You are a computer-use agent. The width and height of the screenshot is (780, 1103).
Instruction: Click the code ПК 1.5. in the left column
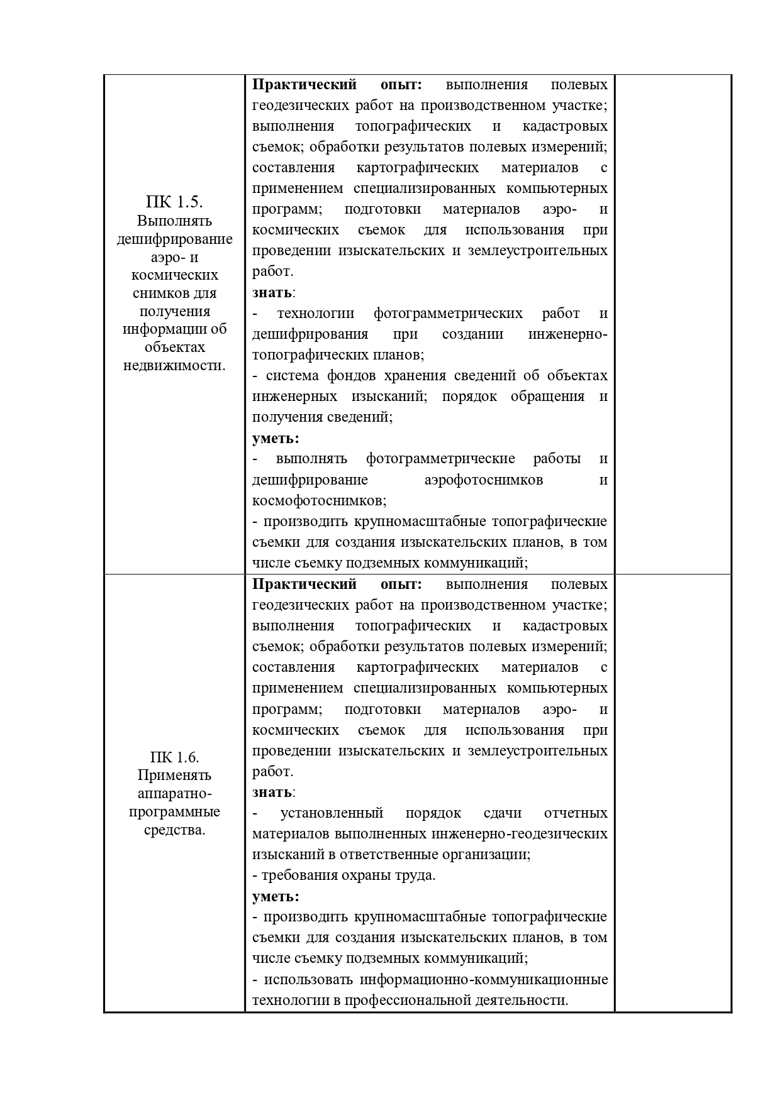174,202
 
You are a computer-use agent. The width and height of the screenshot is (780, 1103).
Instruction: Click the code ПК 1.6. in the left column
174,757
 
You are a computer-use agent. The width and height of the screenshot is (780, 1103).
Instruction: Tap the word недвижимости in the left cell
174,365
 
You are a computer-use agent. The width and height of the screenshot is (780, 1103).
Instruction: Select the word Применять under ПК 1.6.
174,775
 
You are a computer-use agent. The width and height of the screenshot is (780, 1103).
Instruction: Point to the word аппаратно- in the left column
174,793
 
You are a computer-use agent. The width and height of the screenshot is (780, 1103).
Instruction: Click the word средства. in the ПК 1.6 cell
174,830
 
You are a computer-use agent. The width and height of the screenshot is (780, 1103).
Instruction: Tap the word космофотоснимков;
319,500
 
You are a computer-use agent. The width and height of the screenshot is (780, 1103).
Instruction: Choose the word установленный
331,813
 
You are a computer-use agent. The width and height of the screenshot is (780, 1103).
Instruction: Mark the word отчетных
576,813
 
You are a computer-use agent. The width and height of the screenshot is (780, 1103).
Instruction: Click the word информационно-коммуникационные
484,979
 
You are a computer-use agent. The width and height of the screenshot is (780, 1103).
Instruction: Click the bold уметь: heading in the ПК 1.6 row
276,896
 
